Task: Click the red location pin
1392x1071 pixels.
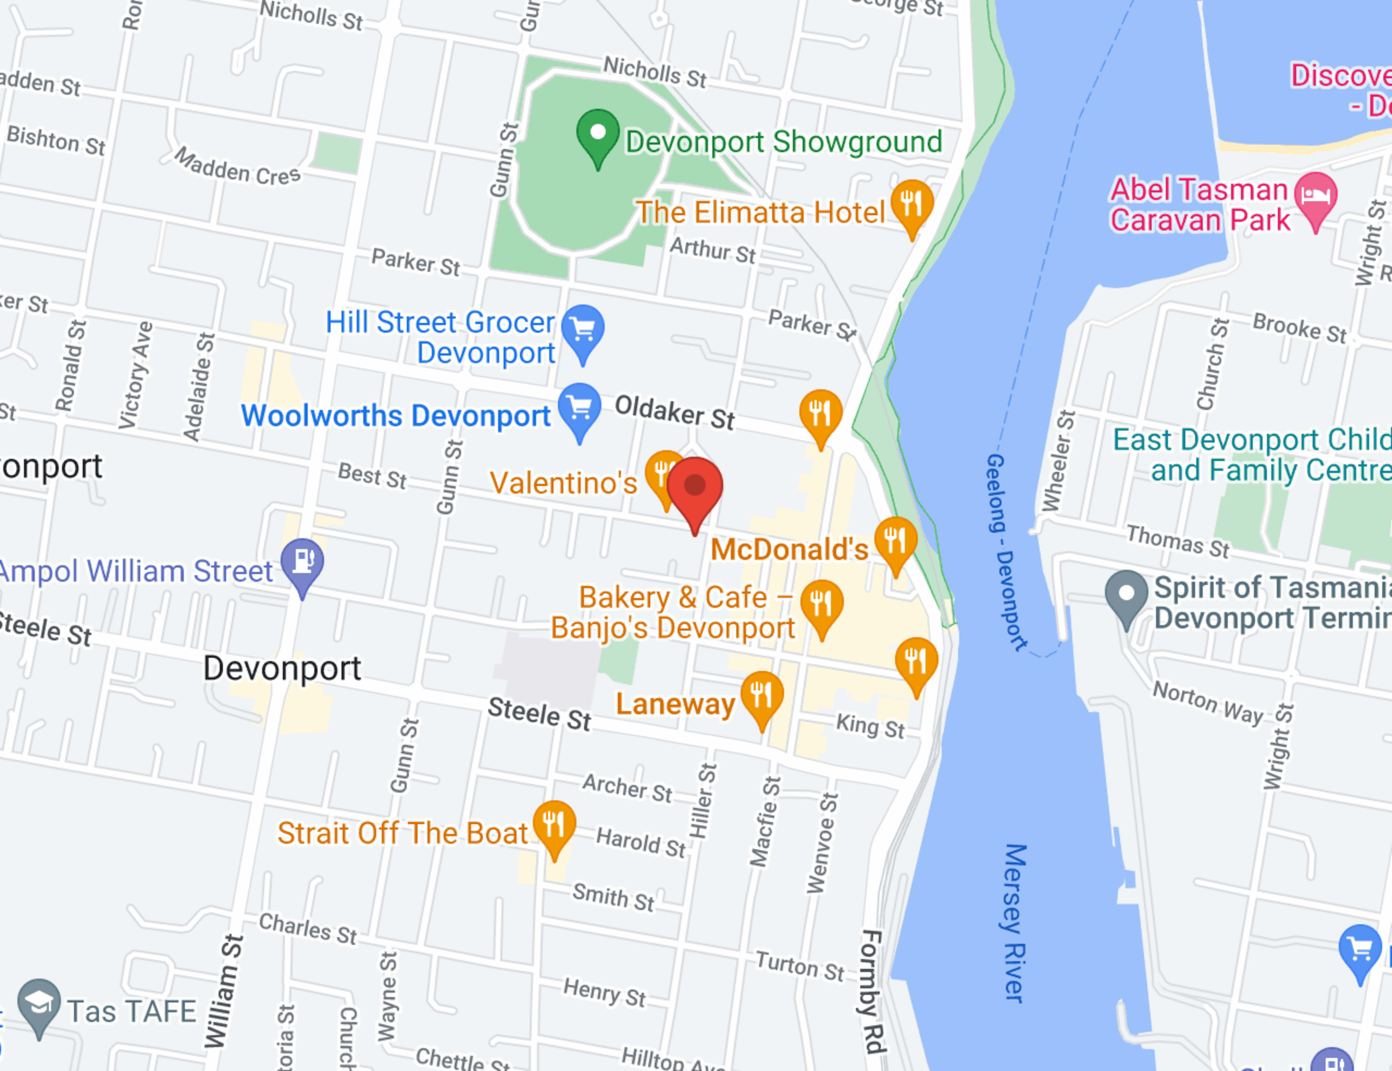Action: (695, 487)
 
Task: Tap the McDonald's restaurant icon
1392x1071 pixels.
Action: (895, 540)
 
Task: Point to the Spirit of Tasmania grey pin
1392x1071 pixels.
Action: (1126, 594)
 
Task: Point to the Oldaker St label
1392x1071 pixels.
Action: (674, 412)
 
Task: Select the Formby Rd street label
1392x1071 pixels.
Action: (871, 991)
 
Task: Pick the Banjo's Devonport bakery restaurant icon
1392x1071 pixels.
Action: (821, 603)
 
